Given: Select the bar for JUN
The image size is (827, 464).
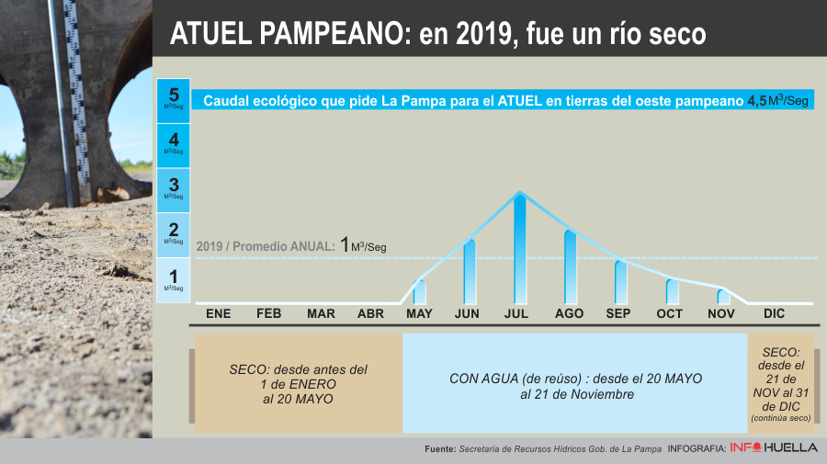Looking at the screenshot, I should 470,271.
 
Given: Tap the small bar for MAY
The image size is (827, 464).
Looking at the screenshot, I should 420,291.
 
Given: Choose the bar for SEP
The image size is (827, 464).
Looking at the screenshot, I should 620,282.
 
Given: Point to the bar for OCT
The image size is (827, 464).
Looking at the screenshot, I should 672,291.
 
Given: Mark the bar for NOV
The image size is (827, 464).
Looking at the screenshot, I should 723,296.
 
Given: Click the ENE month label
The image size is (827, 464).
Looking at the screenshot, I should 219,314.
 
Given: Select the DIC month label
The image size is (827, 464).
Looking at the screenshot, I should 774,314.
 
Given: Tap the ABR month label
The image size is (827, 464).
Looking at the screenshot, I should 370,314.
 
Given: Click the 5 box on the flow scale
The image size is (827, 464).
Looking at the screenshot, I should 174,100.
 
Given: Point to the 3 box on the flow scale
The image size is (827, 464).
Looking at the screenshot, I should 174,189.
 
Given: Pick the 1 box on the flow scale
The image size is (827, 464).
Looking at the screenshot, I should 174,279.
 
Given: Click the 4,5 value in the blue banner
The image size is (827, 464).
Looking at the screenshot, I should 756,101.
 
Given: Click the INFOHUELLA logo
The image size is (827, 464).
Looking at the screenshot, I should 774,448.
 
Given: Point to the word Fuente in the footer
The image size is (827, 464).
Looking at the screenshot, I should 440,449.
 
